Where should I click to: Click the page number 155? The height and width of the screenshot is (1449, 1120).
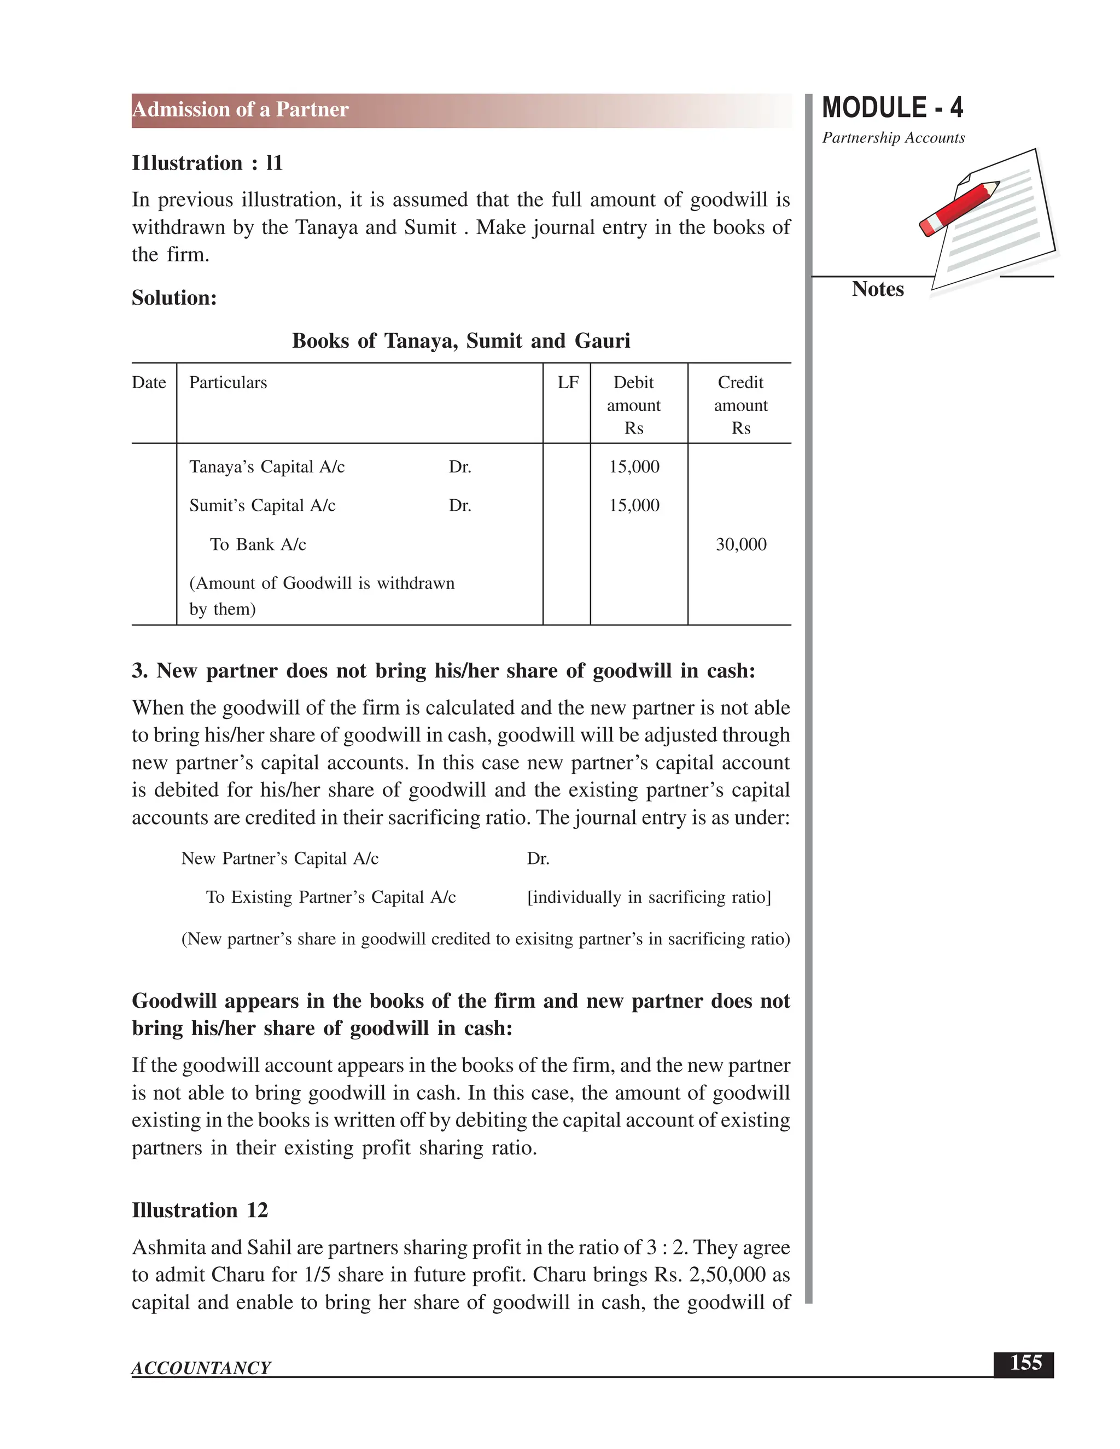point(1025,1363)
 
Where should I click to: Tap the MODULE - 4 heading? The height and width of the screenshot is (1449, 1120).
point(892,108)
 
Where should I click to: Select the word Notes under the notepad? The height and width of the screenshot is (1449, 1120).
point(877,289)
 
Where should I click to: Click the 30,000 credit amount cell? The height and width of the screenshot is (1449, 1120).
point(740,545)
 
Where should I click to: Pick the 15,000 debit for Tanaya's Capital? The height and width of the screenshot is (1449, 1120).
point(634,467)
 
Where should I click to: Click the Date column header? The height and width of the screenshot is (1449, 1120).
point(149,383)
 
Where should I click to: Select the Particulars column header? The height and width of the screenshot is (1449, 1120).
point(227,383)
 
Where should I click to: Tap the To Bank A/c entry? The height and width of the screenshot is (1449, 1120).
point(258,545)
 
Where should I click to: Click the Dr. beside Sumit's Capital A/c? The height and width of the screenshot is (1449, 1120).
point(460,506)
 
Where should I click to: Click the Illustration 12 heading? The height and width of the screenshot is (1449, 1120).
point(200,1210)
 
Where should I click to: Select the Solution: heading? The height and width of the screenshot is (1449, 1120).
point(174,298)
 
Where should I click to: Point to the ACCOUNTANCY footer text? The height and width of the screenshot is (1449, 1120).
point(201,1368)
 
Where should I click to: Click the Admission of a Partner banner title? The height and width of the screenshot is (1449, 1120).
point(240,109)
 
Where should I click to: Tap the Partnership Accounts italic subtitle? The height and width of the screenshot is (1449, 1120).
point(893,138)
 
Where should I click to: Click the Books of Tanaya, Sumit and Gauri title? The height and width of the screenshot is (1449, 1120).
point(460,341)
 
